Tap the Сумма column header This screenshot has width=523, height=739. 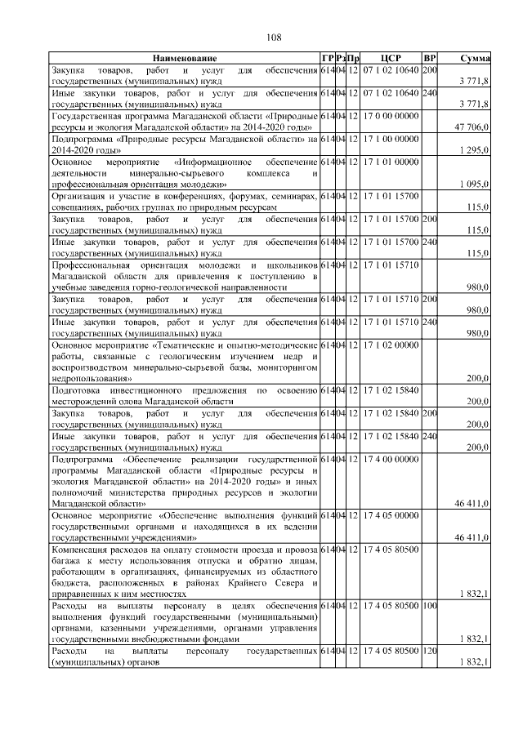[x=475, y=59]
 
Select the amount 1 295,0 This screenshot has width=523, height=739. [x=475, y=150]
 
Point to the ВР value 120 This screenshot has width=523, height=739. [x=430, y=654]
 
